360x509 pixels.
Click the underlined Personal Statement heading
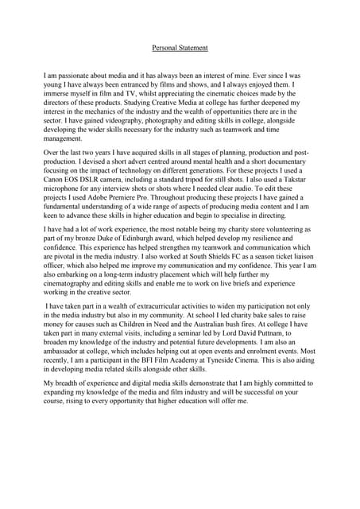click(x=180, y=48)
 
